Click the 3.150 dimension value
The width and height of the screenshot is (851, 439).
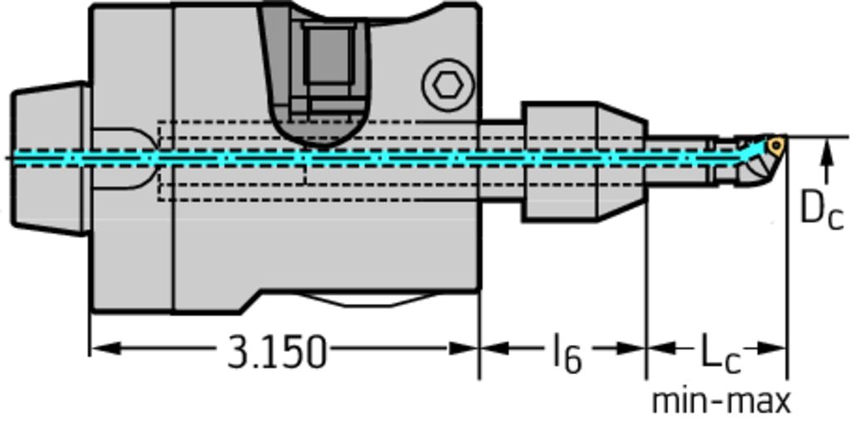pyautogui.click(x=277, y=353)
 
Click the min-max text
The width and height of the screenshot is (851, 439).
pyautogui.click(x=721, y=402)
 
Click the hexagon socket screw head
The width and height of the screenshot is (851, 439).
pyautogui.click(x=448, y=85)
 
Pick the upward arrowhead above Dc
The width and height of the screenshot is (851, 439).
pyautogui.click(x=826, y=149)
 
